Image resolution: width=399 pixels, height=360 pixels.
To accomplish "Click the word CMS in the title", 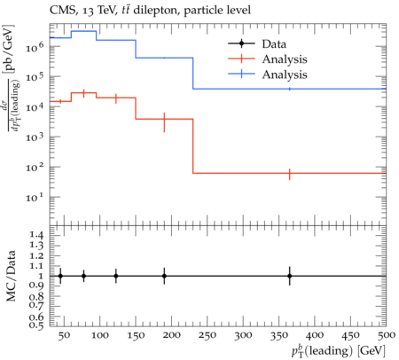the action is (x=59, y=11).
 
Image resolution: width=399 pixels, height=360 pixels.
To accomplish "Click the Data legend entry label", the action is (x=274, y=44).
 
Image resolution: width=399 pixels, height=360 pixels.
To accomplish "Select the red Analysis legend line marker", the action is (x=241, y=59).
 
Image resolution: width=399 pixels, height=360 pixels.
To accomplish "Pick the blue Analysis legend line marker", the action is (x=241, y=74).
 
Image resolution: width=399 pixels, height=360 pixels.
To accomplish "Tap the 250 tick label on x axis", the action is (x=207, y=335).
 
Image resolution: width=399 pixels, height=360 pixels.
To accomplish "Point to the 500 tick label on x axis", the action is (x=387, y=335).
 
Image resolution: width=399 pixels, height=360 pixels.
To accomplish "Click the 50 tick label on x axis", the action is (x=64, y=335).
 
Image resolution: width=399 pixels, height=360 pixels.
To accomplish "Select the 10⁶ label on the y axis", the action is (x=35, y=47).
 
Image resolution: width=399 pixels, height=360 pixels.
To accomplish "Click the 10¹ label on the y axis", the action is (x=35, y=197).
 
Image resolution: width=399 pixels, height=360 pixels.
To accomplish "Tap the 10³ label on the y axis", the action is (x=35, y=137).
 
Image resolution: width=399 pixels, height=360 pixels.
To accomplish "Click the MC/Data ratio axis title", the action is (x=12, y=276).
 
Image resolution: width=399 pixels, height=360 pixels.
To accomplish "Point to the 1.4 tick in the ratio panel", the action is (x=37, y=235).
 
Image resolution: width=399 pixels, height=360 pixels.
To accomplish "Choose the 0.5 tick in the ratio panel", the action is (x=37, y=325).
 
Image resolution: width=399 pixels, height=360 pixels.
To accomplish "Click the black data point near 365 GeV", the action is (x=290, y=276).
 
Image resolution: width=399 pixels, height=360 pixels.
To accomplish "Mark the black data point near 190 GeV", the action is (x=164, y=276).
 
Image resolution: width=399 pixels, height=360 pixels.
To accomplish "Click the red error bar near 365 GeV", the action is (x=290, y=175).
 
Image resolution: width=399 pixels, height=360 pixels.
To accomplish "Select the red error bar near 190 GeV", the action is (x=164, y=122).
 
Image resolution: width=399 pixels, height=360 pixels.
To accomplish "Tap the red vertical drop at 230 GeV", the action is (x=193, y=146).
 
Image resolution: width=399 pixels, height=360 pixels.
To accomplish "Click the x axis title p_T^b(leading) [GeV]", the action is (x=339, y=351).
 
